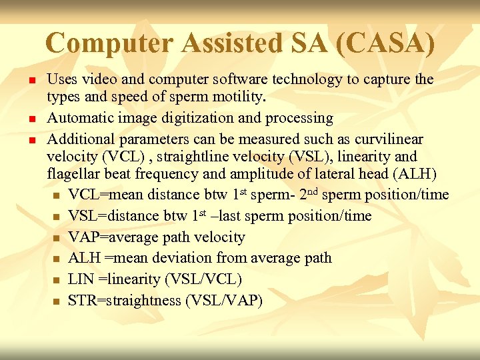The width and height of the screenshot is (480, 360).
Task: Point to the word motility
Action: click(x=237, y=97)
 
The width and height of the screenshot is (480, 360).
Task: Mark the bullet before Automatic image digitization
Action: click(x=31, y=119)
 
